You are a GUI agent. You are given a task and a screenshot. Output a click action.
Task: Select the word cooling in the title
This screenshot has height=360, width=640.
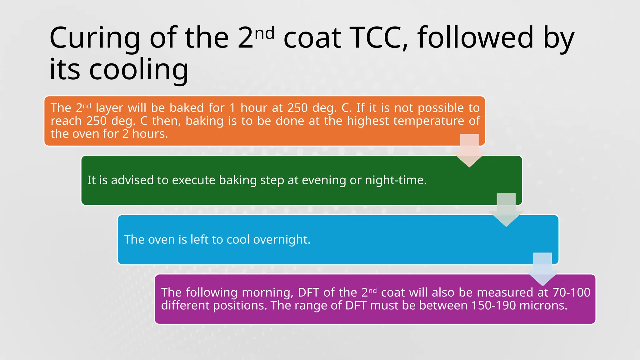click(139, 69)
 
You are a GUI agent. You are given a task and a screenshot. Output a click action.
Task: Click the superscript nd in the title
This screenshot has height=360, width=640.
click(265, 33)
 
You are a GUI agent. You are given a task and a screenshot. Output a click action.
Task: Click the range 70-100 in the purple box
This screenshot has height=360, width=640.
click(571, 292)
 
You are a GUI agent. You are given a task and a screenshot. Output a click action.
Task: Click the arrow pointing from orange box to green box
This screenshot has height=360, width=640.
click(469, 150)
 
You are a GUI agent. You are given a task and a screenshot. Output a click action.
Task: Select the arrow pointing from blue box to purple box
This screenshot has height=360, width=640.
click(542, 269)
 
